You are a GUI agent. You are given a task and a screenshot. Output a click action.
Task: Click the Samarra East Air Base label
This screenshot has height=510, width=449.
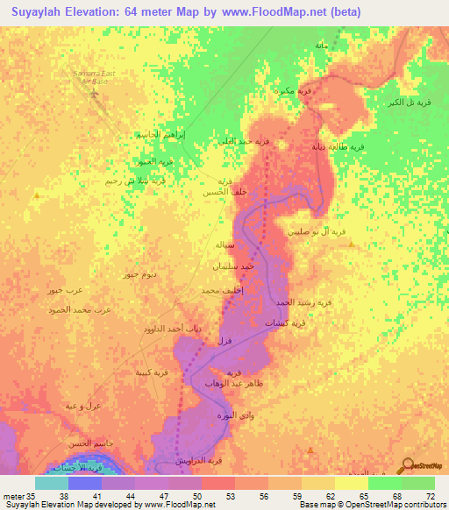point(96,79)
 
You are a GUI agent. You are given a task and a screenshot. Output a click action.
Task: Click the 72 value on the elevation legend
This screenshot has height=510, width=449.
point(430,496)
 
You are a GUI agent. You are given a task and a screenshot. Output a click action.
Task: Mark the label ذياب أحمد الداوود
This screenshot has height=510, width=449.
point(172,329)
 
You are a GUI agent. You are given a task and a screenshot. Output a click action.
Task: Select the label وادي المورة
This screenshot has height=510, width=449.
point(239,413)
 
